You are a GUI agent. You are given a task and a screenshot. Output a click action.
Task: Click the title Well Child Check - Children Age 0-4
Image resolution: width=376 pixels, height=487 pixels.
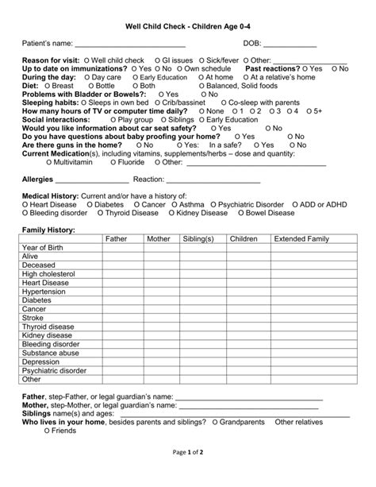(x=188, y=26)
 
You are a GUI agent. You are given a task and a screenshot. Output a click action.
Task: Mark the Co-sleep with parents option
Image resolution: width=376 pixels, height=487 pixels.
(x=254, y=102)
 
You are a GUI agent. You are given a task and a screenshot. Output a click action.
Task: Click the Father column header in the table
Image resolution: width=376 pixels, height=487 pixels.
(x=116, y=239)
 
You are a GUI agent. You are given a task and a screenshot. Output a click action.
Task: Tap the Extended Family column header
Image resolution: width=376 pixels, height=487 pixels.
(x=301, y=239)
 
